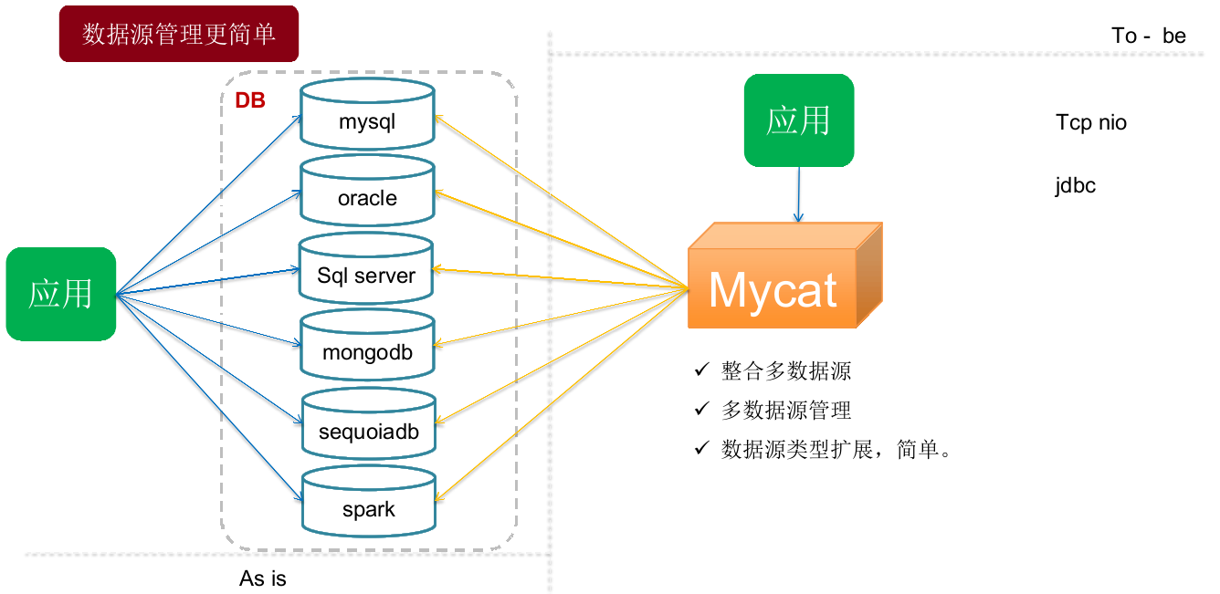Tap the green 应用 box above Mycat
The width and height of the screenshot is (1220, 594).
tap(799, 120)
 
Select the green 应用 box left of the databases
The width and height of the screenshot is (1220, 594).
tap(61, 294)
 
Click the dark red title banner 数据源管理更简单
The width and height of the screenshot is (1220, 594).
tap(179, 34)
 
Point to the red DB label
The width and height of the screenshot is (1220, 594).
tap(250, 100)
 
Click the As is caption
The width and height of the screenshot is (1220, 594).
tap(263, 578)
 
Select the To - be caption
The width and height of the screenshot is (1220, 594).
tap(1149, 36)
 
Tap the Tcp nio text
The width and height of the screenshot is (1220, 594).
tap(1091, 122)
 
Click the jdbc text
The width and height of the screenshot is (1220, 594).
tap(1076, 185)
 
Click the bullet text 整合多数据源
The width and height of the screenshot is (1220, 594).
tap(786, 370)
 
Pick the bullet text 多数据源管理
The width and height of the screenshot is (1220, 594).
tap(786, 411)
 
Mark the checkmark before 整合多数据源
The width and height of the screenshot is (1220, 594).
tap(701, 370)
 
